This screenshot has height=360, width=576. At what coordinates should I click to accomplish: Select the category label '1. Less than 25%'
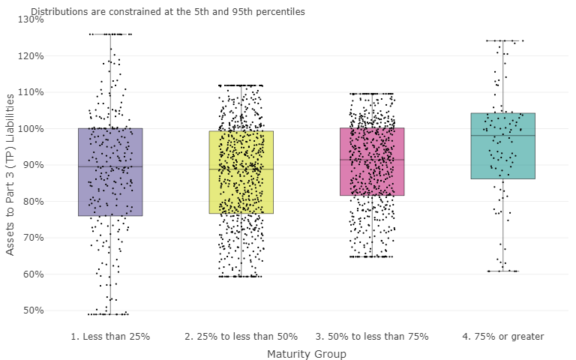coord(110,337)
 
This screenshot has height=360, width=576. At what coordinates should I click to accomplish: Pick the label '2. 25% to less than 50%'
coord(241,337)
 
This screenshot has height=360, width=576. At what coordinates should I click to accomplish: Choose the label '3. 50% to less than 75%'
coord(371,337)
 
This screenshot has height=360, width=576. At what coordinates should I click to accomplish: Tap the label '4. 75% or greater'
coord(502,337)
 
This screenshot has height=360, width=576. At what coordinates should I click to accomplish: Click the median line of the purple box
coord(110,166)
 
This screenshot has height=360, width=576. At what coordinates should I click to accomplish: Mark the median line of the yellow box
coord(241,169)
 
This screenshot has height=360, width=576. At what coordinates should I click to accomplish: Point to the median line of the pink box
coord(371,160)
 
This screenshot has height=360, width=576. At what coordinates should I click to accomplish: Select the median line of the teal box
coord(502,136)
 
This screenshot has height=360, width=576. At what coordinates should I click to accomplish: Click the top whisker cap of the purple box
coord(110,34)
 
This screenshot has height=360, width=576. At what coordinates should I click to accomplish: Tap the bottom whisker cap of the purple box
coord(110,314)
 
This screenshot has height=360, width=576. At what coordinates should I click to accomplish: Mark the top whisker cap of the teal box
coord(502,40)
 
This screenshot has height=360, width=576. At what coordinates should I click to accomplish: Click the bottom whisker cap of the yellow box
coord(241,277)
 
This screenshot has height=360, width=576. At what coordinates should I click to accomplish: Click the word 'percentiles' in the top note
coord(280,12)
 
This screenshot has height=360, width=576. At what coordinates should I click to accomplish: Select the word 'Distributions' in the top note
coord(58,12)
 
